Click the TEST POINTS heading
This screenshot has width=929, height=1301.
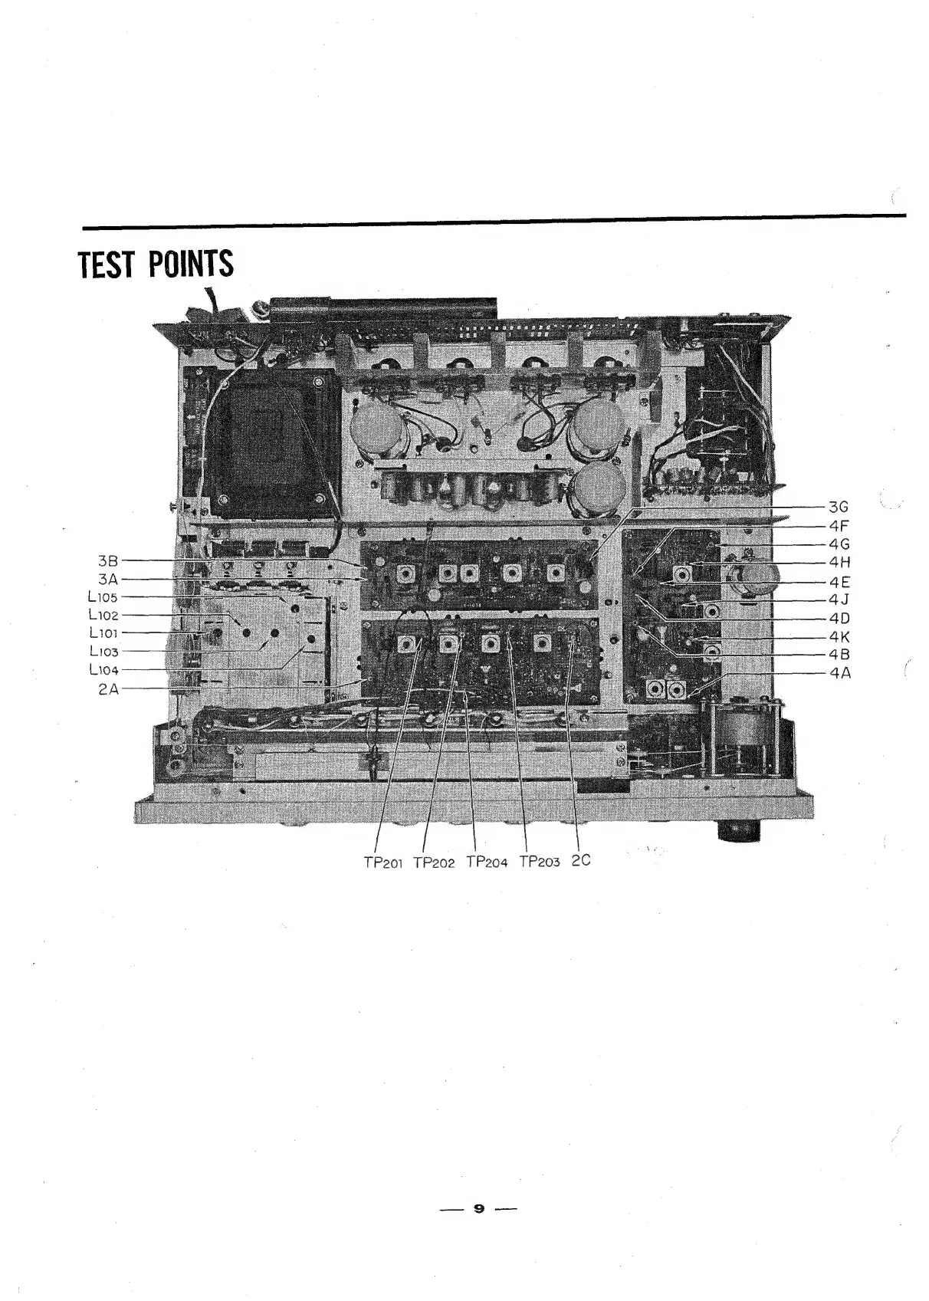pos(156,264)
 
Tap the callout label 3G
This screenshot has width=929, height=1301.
pos(839,508)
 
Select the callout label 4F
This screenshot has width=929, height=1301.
pos(839,526)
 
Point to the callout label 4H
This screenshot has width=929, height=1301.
pos(839,563)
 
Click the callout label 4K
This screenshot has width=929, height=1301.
pos(839,636)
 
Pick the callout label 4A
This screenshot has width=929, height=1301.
pos(839,673)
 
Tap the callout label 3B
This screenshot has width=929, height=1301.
pos(107,561)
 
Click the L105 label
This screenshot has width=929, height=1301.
pos(103,597)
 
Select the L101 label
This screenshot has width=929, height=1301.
pos(103,633)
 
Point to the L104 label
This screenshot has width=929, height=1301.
pos(103,670)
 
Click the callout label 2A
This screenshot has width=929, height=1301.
pos(107,688)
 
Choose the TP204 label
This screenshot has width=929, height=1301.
pos(487,862)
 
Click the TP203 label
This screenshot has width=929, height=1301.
pos(540,862)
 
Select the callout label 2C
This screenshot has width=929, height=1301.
pos(582,860)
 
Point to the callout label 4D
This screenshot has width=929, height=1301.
pos(839,618)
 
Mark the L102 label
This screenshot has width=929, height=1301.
pos(103,615)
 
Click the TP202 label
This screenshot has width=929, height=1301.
pos(434,862)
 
